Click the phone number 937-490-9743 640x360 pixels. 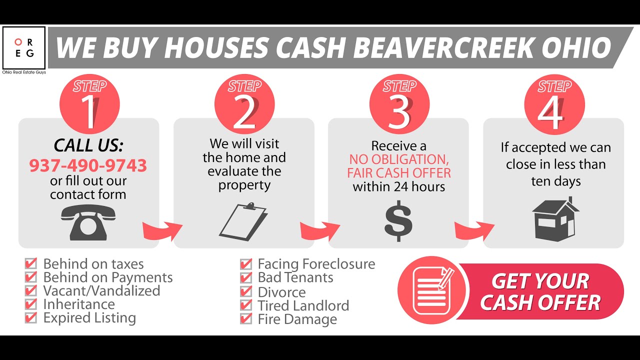[88, 165]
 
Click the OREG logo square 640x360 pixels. [24, 48]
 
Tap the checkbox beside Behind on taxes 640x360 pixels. [31, 263]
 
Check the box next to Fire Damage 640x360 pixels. [246, 319]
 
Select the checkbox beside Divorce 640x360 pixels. [246, 291]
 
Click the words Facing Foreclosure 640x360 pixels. [316, 264]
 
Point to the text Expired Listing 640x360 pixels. [89, 318]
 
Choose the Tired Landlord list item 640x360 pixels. [303, 305]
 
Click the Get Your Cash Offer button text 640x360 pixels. [540, 292]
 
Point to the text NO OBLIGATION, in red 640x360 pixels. [398, 159]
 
